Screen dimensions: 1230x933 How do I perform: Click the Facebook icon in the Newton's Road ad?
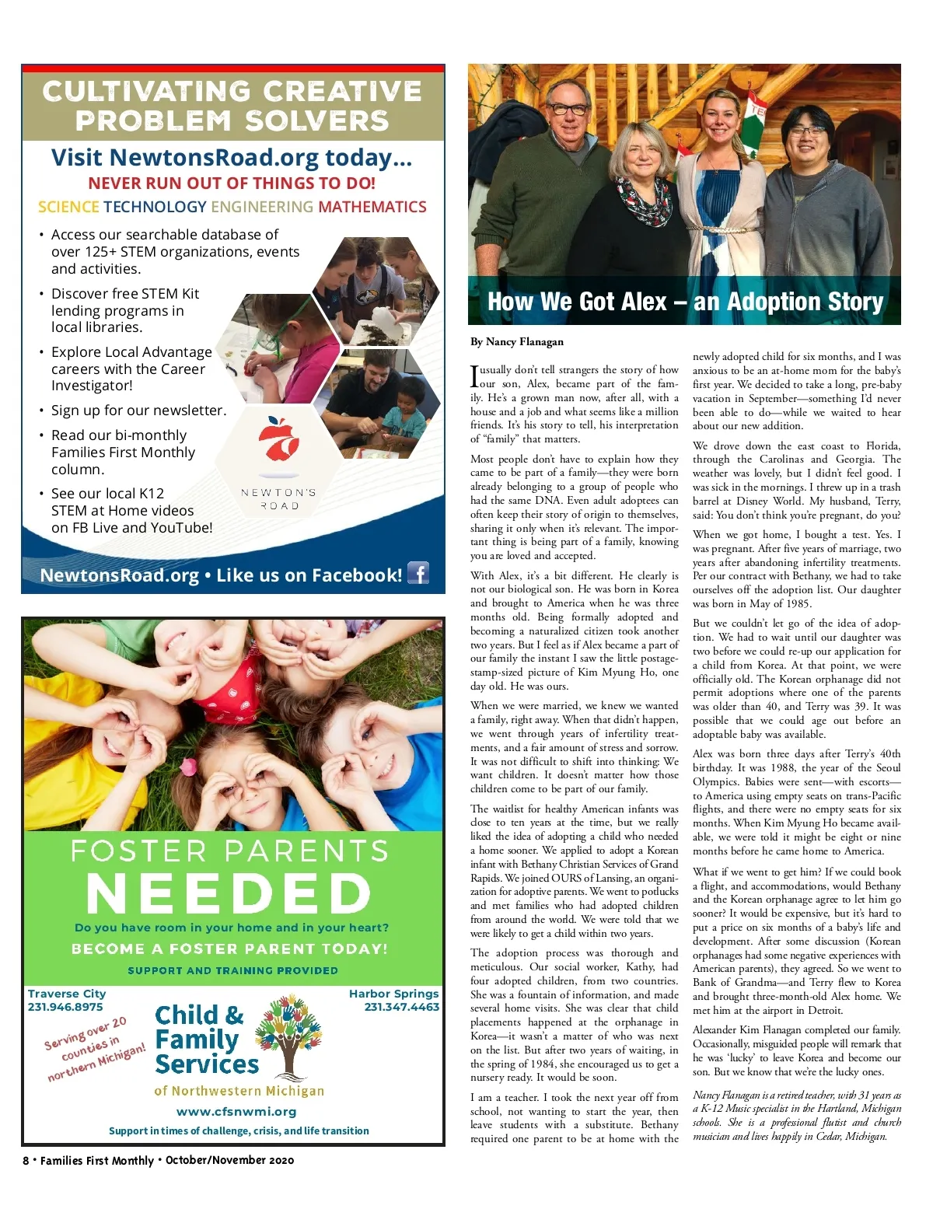click(x=418, y=573)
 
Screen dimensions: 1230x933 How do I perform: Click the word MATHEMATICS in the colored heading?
click(x=372, y=207)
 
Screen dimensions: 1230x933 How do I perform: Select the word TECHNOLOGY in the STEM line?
click(x=155, y=207)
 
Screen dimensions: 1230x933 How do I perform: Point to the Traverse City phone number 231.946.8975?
click(x=65, y=1007)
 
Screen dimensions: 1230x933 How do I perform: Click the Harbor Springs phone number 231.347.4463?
click(x=401, y=1007)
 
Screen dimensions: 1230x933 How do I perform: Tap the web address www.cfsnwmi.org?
click(x=236, y=1112)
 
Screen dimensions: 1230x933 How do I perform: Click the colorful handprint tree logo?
click(x=288, y=1034)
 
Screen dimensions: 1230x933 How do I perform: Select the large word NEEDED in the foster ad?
click(x=229, y=894)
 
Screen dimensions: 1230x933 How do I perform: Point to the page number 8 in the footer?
click(x=26, y=1161)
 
